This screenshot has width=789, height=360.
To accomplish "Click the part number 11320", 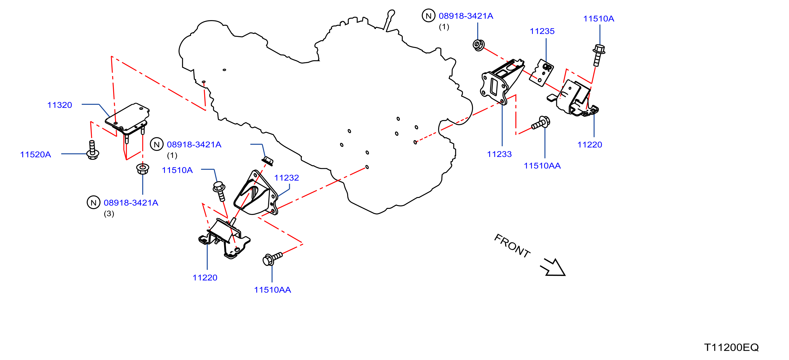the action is coord(59,105).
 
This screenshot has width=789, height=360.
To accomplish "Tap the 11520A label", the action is coord(35,154).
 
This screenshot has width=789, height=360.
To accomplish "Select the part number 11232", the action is coord(286,178).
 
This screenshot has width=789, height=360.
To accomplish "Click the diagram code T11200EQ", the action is coord(731,347).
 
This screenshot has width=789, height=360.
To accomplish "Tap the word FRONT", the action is coord(512,246).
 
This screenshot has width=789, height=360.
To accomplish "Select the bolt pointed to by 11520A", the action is coord(92,150).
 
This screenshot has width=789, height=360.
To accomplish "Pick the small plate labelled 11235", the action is coord(542,73).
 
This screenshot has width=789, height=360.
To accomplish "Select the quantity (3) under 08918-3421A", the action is coord(109,213).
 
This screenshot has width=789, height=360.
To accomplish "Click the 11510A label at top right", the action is coord(598,18).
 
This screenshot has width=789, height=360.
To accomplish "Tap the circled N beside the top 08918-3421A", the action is coord(428,16).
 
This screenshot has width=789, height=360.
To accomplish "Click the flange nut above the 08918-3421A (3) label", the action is coord(143,169).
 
